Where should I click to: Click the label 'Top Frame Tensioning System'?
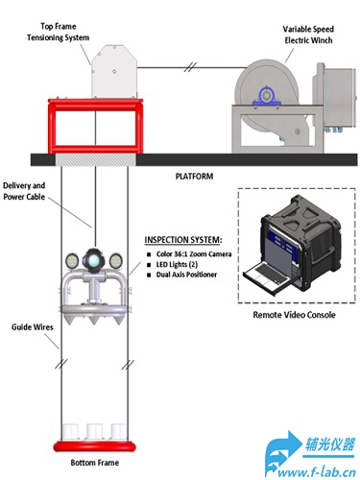click(58, 32)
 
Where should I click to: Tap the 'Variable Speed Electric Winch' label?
click(308, 35)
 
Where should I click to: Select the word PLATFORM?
click(194, 177)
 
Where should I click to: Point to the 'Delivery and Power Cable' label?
click(24, 191)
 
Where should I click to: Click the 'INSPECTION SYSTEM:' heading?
click(183, 240)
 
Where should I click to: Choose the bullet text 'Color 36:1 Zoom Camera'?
click(194, 254)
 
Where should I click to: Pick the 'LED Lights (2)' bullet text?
click(177, 265)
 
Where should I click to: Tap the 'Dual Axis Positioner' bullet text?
click(186, 275)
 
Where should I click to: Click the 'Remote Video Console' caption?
click(294, 315)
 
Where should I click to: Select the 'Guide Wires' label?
click(33, 327)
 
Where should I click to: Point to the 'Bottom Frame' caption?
click(95, 463)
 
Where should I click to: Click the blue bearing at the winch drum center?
click(266, 96)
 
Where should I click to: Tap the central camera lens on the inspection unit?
click(94, 260)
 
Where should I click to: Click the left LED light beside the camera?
click(72, 260)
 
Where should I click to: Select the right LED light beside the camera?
click(115, 260)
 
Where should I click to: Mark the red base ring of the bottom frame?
click(94, 446)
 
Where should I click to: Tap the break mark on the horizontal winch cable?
click(190, 67)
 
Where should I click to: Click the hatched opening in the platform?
click(96, 159)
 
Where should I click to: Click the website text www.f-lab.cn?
click(317, 472)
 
